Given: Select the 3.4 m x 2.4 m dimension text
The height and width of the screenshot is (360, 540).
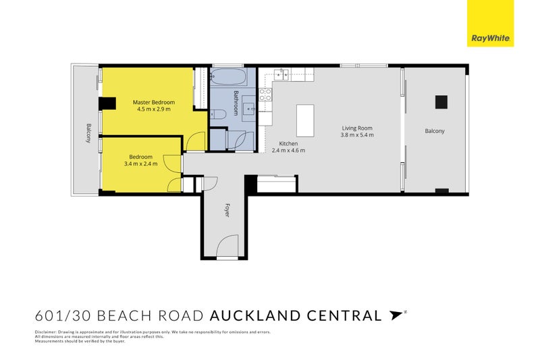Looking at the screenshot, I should click(140, 163).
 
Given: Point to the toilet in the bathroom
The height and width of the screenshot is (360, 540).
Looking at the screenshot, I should click(217, 115).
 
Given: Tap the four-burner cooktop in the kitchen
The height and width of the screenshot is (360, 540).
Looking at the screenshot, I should click(266, 95).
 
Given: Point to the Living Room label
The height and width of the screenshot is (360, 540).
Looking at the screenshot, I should click(357, 128).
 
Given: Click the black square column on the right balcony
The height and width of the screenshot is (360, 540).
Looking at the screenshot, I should click(441, 102).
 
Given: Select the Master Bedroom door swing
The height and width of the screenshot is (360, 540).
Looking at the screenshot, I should click(195, 140).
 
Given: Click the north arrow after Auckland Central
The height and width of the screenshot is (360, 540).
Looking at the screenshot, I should click(395, 314).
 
